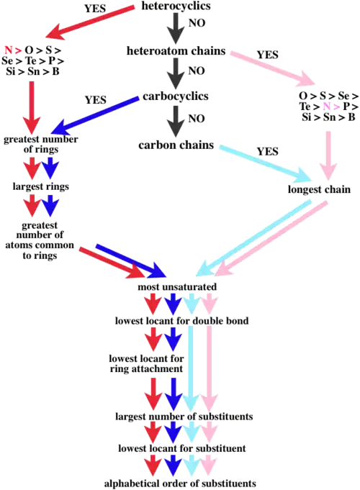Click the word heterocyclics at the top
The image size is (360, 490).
click(176, 6)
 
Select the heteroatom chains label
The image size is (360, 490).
click(176, 50)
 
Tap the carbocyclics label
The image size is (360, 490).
click(176, 96)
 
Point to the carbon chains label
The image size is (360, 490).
click(176, 145)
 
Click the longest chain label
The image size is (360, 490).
click(319, 189)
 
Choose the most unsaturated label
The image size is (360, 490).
click(177, 286)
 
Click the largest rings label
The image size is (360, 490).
click(40, 186)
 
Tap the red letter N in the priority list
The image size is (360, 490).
click(8, 50)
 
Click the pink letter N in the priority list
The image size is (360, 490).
click(327, 106)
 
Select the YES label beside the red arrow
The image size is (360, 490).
click(95, 9)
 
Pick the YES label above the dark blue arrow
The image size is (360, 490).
click(96, 100)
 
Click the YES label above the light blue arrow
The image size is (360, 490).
click(267, 152)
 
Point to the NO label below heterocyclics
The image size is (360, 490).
click(197, 23)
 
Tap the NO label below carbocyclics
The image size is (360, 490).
click(197, 119)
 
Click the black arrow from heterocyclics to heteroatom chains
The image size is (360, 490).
click(176, 29)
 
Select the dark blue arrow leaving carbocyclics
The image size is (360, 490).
click(95, 115)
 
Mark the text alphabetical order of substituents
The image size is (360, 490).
click(180, 483)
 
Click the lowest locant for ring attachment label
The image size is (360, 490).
click(146, 363)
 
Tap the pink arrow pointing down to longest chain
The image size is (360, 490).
click(328, 155)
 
